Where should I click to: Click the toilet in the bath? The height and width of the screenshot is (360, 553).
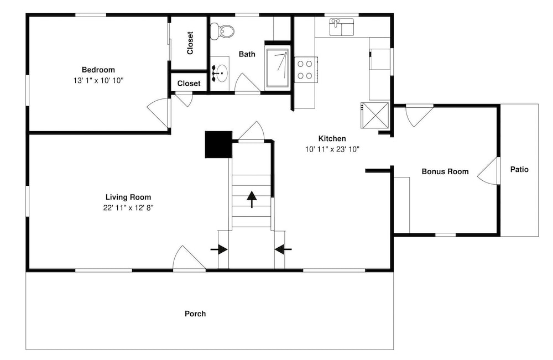(222, 31)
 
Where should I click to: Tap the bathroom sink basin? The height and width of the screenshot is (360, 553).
(222, 74)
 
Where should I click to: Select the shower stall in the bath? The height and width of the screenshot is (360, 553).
(278, 68)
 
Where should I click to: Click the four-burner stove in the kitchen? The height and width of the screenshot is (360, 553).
(305, 70)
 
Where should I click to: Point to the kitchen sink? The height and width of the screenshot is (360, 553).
(342, 27)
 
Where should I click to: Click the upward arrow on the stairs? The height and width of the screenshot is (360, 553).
(252, 199)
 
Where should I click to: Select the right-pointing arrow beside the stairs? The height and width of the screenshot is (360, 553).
(219, 249)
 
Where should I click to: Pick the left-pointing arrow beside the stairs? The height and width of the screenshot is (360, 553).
(283, 249)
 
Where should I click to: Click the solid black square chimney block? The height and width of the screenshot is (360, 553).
(218, 144)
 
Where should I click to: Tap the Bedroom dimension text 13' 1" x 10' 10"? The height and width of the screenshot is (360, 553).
(98, 80)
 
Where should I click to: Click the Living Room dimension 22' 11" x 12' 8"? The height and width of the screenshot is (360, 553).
(128, 208)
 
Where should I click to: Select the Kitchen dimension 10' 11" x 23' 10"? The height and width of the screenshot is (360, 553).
(332, 149)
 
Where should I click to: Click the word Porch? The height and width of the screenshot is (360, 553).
(195, 314)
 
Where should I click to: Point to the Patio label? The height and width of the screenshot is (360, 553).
(519, 170)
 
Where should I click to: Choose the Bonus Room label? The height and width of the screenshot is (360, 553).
(445, 172)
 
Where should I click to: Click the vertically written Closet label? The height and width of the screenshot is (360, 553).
(190, 43)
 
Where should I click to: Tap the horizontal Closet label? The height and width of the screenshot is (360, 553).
(189, 84)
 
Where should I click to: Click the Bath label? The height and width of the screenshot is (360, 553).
(247, 54)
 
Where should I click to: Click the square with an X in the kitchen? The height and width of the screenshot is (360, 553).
(374, 115)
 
